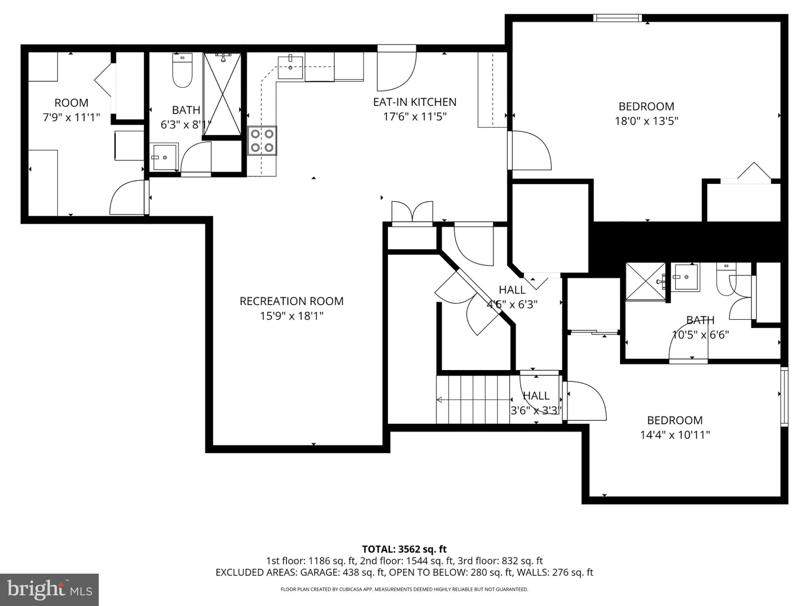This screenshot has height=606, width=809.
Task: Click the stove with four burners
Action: (x=262, y=140)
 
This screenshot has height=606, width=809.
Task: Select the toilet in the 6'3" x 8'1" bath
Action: (x=182, y=71)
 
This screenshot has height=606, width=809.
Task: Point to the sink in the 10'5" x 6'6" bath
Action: (x=686, y=277)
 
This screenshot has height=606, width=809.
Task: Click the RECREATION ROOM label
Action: (x=292, y=301)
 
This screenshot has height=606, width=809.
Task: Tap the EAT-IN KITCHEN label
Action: (x=414, y=102)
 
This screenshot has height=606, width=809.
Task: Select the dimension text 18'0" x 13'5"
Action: (x=646, y=121)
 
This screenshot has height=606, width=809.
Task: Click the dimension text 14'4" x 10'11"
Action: (x=675, y=435)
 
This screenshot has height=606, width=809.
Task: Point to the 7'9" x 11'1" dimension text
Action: (x=71, y=117)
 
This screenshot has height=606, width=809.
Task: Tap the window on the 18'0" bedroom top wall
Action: (x=617, y=18)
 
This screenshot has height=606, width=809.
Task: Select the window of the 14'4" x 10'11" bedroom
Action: (x=784, y=396)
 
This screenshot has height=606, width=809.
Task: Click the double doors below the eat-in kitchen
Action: (x=412, y=213)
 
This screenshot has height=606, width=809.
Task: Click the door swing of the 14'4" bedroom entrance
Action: (x=585, y=401)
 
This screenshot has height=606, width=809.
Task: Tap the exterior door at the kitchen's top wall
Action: (x=396, y=67)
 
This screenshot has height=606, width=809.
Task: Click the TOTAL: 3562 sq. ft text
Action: (x=404, y=549)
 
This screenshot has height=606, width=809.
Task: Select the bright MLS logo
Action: (x=49, y=589)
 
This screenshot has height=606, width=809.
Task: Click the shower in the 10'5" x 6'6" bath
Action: (x=645, y=282)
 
